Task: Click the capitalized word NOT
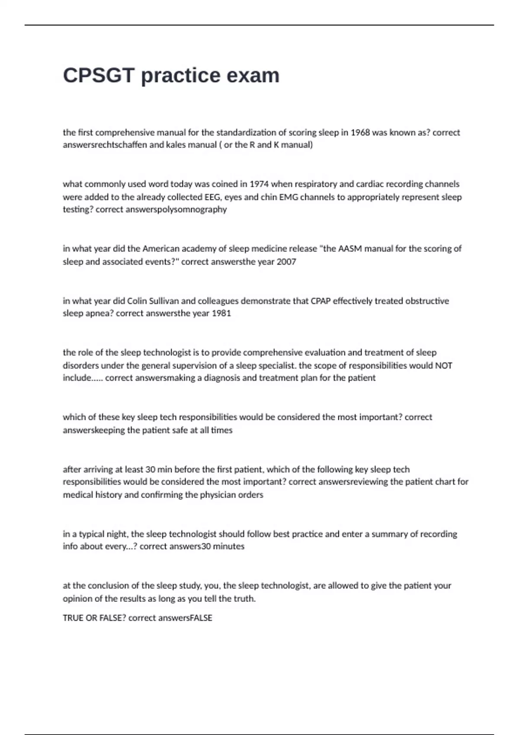click(443, 365)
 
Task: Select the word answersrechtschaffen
click(105, 145)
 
